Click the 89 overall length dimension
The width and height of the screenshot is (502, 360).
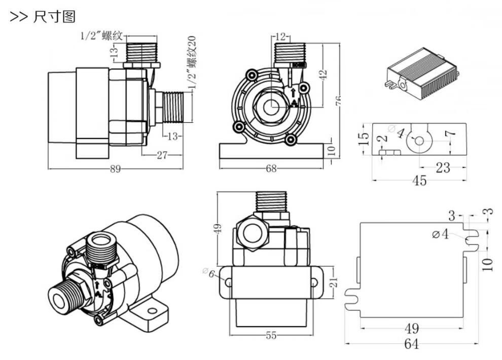pyautogui.click(x=116, y=169)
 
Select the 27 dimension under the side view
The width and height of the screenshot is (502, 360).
pyautogui.click(x=162, y=155)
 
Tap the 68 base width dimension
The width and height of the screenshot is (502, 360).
pyautogui.click(x=272, y=169)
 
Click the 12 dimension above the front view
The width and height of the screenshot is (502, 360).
pyautogui.click(x=281, y=37)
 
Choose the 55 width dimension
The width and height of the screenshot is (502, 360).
pyautogui.click(x=271, y=335)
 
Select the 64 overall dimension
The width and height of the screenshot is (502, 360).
pyautogui.click(x=411, y=344)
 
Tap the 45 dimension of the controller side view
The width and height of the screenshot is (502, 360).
pyautogui.click(x=419, y=181)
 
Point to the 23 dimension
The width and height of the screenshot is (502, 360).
pyautogui.click(x=442, y=168)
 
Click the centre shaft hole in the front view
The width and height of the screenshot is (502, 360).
pyautogui.click(x=272, y=106)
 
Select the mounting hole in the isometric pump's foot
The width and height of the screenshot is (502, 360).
pyautogui.click(x=151, y=309)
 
